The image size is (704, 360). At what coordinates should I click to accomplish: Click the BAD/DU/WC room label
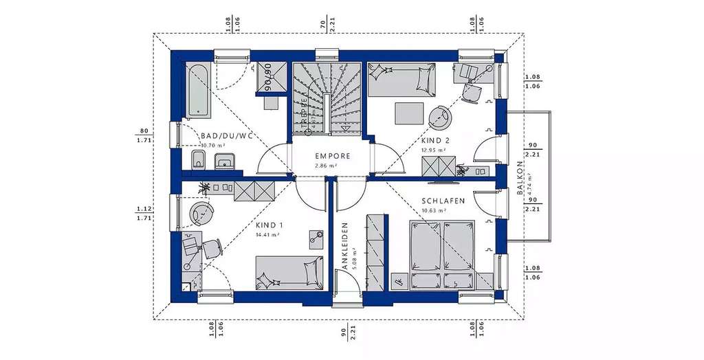pyautogui.click(x=228, y=136)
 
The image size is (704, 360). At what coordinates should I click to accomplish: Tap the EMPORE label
pyautogui.click(x=333, y=156)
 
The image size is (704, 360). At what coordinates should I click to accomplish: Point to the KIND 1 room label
pyautogui.click(x=269, y=225)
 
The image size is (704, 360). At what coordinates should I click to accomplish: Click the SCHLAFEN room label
pyautogui.click(x=443, y=201)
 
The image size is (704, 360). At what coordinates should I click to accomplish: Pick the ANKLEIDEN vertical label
pyautogui.click(x=345, y=245)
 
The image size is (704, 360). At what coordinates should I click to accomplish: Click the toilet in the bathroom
pyautogui.click(x=197, y=161)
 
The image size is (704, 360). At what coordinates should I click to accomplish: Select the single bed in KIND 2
pyautogui.click(x=401, y=80)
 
